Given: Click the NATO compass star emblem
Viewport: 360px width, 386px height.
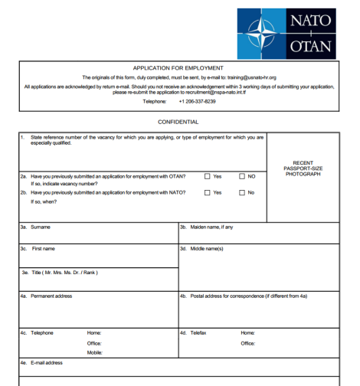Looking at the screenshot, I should (261, 32).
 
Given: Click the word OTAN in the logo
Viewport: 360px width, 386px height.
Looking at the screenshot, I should (311, 46).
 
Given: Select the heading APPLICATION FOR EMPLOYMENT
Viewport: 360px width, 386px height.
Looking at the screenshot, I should (178, 68).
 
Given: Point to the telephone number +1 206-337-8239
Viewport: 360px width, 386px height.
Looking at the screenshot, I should (197, 101).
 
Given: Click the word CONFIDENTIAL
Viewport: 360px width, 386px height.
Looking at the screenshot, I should (178, 122).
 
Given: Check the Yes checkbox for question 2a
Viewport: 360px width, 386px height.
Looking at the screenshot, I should (208, 176).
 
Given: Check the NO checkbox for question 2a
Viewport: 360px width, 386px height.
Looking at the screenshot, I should (241, 176).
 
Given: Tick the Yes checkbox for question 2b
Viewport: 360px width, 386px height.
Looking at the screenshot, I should (208, 192).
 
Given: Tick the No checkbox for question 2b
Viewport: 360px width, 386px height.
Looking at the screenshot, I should (241, 192).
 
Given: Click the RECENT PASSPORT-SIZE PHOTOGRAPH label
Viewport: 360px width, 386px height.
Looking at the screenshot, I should (302, 168).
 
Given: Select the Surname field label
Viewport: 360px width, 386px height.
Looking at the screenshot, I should (41, 227).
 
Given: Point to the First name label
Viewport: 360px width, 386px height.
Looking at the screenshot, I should (43, 249).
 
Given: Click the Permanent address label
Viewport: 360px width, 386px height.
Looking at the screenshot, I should (51, 296).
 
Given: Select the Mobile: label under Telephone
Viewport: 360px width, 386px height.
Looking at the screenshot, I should (95, 352).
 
